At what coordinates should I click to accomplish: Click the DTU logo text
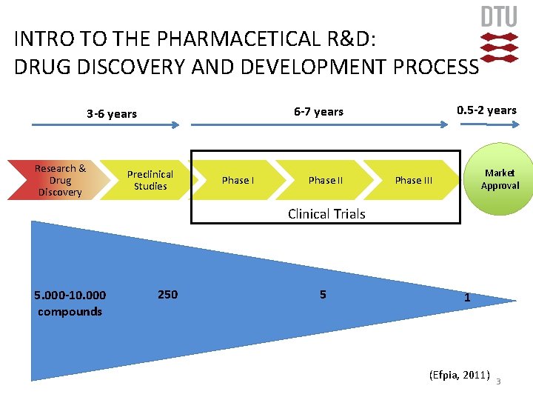[499, 17]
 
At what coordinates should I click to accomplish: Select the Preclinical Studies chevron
[150, 180]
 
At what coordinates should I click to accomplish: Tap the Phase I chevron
[238, 180]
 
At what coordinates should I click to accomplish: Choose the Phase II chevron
[326, 180]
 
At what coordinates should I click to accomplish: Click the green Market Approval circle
[500, 179]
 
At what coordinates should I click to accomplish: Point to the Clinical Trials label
[326, 214]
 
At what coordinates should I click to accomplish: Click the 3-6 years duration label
[112, 113]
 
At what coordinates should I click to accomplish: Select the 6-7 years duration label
[318, 111]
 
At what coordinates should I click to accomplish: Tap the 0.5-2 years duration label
[486, 110]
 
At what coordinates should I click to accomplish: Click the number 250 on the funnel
[168, 294]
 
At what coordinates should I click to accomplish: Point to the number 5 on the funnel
[323, 294]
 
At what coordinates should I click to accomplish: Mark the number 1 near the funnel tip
[466, 298]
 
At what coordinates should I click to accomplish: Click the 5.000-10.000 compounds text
[70, 303]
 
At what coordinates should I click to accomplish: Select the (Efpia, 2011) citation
[459, 375]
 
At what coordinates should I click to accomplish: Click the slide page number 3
[498, 381]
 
